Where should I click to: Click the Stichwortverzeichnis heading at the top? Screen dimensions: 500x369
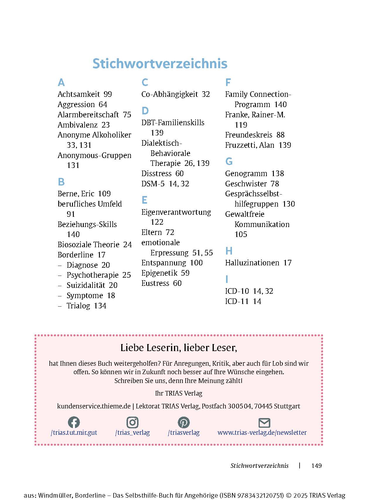(160, 63)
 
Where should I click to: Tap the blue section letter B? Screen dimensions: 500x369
(61, 182)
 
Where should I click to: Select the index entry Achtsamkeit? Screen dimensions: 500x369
(79, 94)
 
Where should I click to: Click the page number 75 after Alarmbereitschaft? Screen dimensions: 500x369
(127, 115)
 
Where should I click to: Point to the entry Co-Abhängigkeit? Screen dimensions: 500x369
(170, 94)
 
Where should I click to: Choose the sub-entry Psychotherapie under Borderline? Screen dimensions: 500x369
(92, 275)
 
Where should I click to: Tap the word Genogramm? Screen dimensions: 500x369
(246, 173)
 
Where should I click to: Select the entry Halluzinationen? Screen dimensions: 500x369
(252, 263)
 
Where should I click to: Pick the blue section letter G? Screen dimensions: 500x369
(229, 161)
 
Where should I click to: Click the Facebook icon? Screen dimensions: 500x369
(74, 422)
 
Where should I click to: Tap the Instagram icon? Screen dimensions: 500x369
(132, 422)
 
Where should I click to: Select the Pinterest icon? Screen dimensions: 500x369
(184, 422)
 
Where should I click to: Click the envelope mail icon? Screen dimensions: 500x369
(264, 423)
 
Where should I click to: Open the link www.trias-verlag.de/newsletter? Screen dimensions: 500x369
(262, 432)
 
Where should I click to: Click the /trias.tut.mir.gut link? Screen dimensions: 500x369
(74, 432)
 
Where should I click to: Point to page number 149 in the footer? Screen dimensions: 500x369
(316, 466)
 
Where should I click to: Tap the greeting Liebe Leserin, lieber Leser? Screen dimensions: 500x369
(179, 348)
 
